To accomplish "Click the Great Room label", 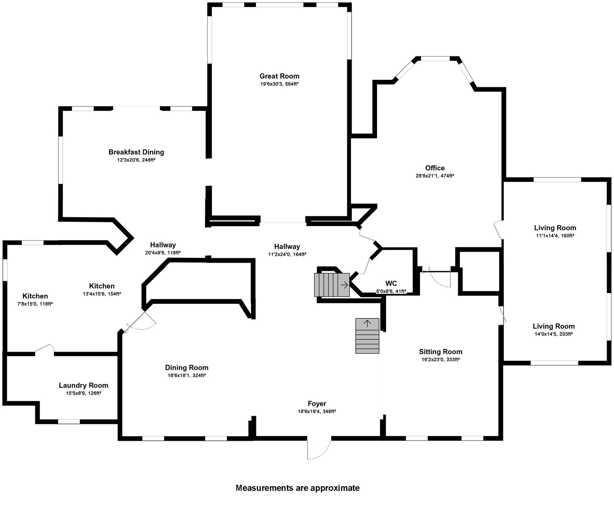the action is (x=279, y=76).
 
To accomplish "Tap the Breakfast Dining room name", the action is (x=136, y=152).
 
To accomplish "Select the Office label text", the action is (x=435, y=168).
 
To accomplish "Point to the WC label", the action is (x=391, y=283).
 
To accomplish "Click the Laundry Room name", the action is (x=83, y=385).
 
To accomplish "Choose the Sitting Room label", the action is (x=441, y=351).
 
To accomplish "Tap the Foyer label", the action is (x=317, y=403).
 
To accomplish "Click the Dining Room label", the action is (x=187, y=367).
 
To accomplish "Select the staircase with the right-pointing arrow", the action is (x=332, y=285).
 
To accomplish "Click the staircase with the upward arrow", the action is (x=367, y=336).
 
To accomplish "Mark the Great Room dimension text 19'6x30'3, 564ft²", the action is (x=279, y=84).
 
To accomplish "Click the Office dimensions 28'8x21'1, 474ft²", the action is (x=435, y=176).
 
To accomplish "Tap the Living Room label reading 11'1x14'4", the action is (x=555, y=236).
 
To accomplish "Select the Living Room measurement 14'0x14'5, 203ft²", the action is (x=554, y=334).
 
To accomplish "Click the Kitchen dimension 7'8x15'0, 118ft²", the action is (x=35, y=304).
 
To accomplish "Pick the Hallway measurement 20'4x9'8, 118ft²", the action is (x=163, y=253).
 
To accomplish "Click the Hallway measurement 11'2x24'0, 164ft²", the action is (x=287, y=254).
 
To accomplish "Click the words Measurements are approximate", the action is (x=297, y=488).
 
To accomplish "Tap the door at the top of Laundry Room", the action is (x=45, y=348).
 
